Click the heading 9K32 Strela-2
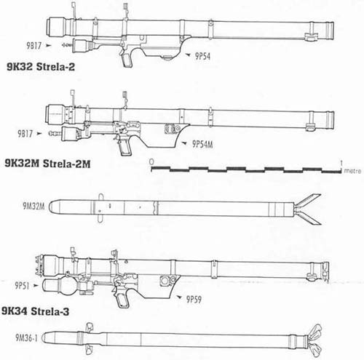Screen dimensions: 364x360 click(x=41, y=66)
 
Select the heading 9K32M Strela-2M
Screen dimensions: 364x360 click(x=47, y=164)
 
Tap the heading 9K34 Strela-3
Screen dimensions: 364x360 click(x=36, y=311)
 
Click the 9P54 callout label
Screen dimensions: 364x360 click(x=202, y=56)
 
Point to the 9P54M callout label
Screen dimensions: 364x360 click(x=202, y=144)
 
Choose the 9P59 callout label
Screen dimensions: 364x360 click(x=194, y=300)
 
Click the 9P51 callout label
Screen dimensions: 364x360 click(x=22, y=286)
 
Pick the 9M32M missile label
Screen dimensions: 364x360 click(x=33, y=206)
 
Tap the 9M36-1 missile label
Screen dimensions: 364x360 click(x=27, y=337)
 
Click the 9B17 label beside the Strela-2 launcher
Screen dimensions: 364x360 click(x=34, y=46)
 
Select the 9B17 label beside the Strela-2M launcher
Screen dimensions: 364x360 click(x=25, y=134)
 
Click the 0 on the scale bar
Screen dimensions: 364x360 click(x=151, y=161)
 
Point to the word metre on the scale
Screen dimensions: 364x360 click(x=352, y=171)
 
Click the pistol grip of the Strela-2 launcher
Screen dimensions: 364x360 click(x=127, y=60)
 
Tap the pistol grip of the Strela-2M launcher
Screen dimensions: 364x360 click(x=125, y=147)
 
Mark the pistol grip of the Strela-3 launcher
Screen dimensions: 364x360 click(x=123, y=300)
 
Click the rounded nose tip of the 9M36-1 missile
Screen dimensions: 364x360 click(x=43, y=337)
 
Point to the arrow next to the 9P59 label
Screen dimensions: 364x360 click(x=180, y=297)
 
